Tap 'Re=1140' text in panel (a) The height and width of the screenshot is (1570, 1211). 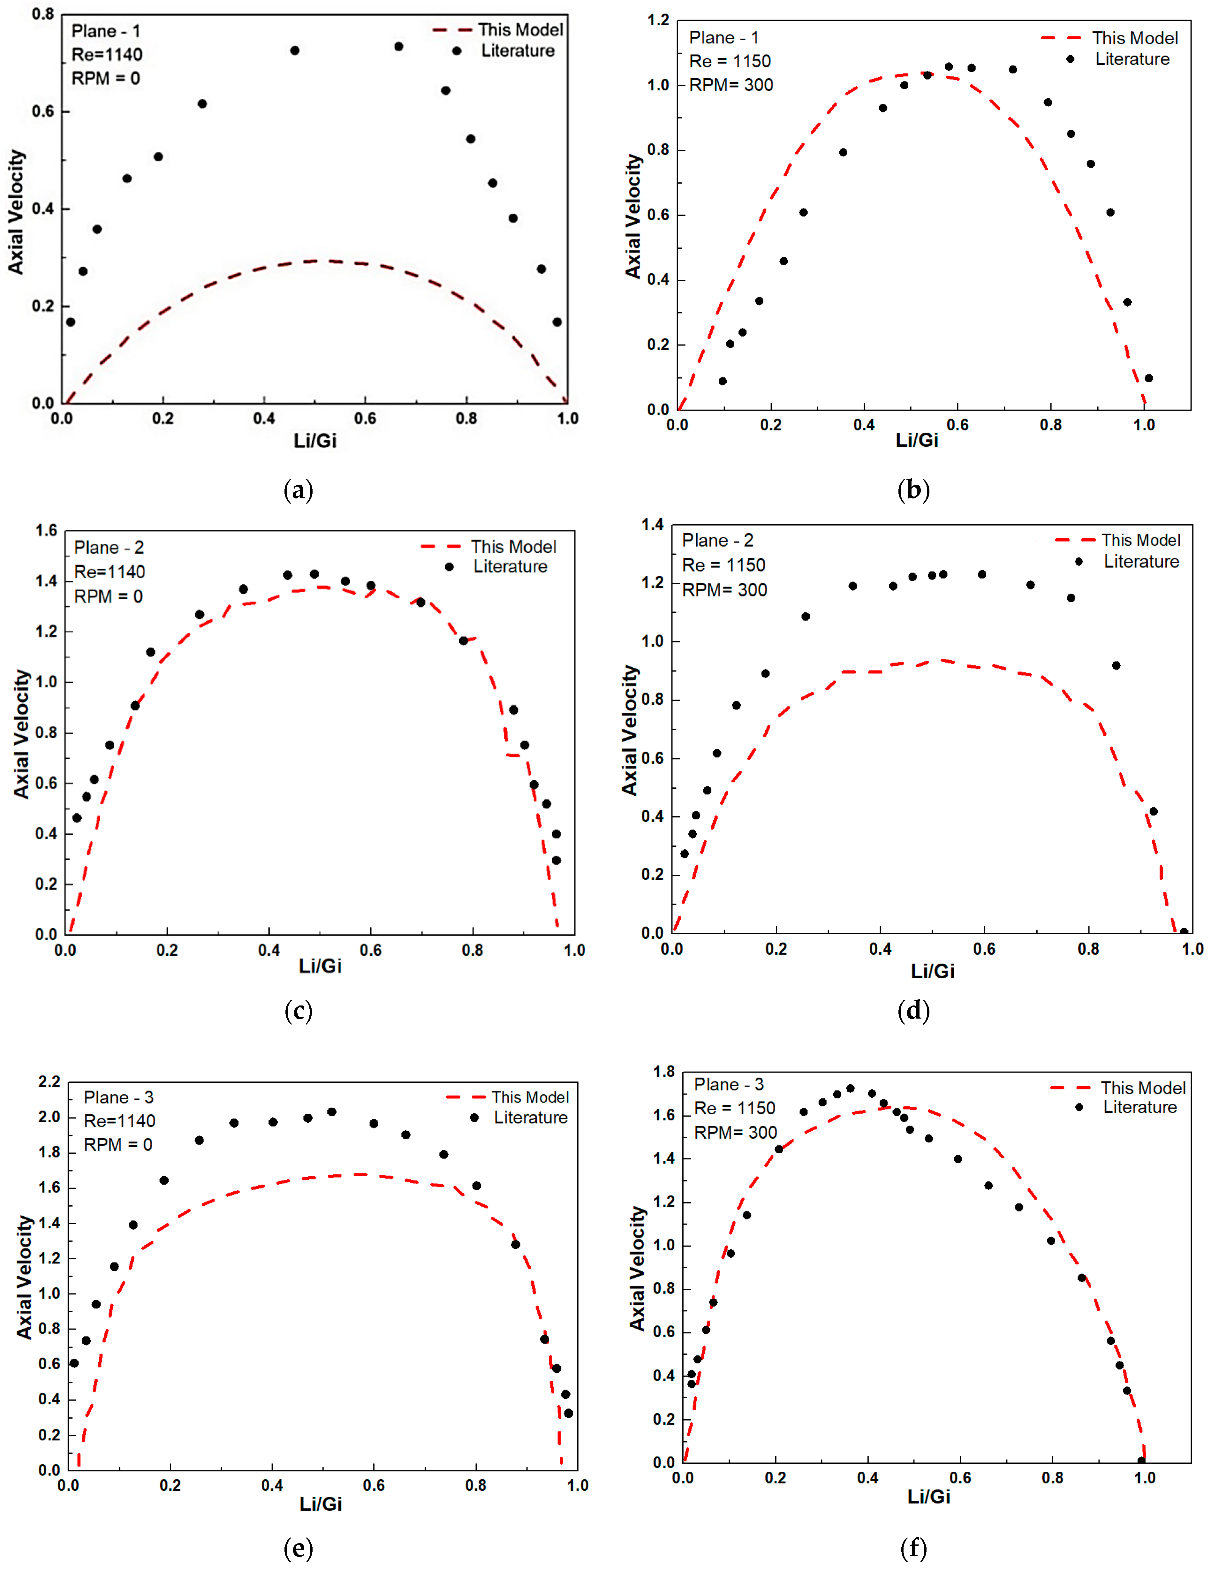click(x=106, y=55)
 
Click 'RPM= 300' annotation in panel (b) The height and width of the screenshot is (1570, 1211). click(x=731, y=85)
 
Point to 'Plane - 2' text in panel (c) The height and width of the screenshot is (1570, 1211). click(x=109, y=548)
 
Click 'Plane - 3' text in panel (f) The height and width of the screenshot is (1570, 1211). click(x=728, y=1085)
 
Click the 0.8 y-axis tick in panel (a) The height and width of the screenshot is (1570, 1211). click(x=43, y=14)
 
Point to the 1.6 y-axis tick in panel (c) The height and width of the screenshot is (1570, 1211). click(x=47, y=531)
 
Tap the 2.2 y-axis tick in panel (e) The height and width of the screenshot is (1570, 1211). click(x=49, y=1082)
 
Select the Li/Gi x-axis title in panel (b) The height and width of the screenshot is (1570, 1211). click(x=916, y=440)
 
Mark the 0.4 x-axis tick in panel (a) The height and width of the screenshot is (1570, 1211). click(x=264, y=418)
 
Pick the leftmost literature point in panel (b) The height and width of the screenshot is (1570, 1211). click(x=722, y=381)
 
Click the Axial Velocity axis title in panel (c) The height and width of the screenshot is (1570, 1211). click(x=22, y=733)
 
